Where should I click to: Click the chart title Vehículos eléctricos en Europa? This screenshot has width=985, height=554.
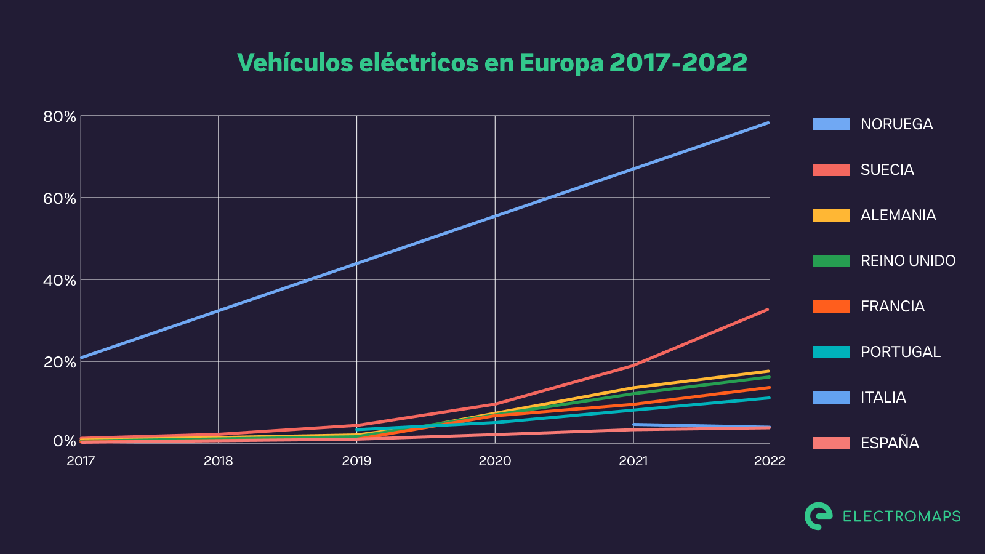pyautogui.click(x=492, y=63)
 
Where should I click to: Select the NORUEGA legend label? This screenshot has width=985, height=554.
pyautogui.click(x=896, y=124)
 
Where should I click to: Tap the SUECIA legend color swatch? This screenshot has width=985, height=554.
pyautogui.click(x=830, y=170)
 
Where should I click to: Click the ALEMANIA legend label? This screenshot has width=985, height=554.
pyautogui.click(x=898, y=215)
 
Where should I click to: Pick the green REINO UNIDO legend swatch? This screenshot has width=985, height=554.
pyautogui.click(x=830, y=261)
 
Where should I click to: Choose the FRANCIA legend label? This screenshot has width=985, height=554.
pyautogui.click(x=892, y=307)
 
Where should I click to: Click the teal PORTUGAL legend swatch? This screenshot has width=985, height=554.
pyautogui.click(x=830, y=352)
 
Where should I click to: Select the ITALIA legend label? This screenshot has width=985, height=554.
pyautogui.click(x=883, y=398)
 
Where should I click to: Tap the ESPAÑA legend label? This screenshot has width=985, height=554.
pyautogui.click(x=890, y=443)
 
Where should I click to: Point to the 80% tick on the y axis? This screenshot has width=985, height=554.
pyautogui.click(x=60, y=117)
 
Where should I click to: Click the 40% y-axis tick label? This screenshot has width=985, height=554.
pyautogui.click(x=60, y=281)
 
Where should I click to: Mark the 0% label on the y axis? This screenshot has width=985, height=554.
pyautogui.click(x=64, y=441)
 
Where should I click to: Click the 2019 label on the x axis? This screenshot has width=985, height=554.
pyautogui.click(x=356, y=461)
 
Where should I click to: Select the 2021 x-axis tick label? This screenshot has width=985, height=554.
pyautogui.click(x=633, y=461)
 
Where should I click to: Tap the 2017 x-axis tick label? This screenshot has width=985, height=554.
pyautogui.click(x=81, y=461)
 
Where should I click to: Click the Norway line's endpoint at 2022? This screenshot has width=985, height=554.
pyautogui.click(x=768, y=122)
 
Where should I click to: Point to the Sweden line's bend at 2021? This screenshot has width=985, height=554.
pyautogui.click(x=633, y=365)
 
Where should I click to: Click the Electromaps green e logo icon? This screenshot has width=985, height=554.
pyautogui.click(x=818, y=516)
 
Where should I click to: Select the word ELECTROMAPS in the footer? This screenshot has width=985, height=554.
pyautogui.click(x=901, y=516)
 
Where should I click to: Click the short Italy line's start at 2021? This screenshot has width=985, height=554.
pyautogui.click(x=634, y=424)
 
